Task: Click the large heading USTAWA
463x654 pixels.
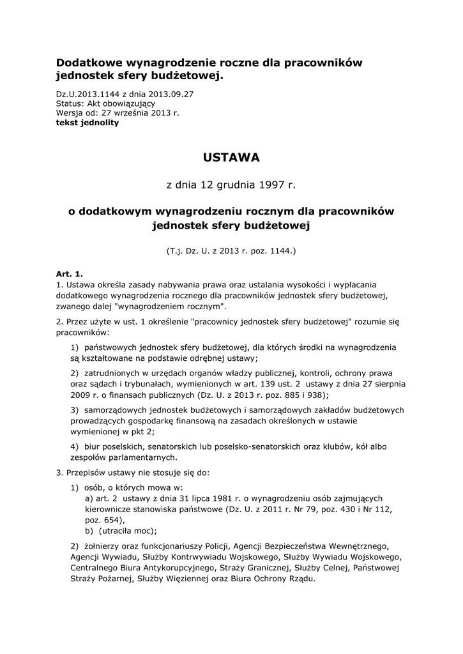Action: [232, 156]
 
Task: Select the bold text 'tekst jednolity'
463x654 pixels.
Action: [87, 123]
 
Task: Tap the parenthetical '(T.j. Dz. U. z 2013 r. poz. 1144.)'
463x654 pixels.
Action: [232, 252]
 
